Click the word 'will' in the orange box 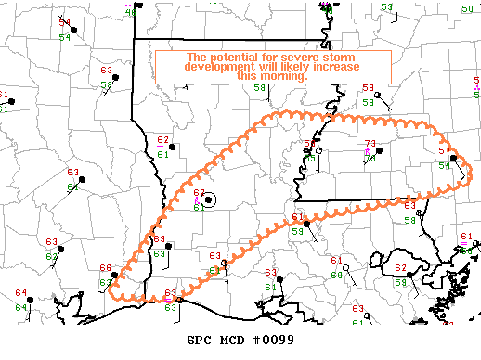coord(255,67)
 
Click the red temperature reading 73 coord(370,144)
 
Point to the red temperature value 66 coord(105,269)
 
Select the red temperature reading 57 coord(444,151)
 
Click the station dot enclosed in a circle coord(209,199)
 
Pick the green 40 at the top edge coord(130,13)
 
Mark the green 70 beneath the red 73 coord(369,159)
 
